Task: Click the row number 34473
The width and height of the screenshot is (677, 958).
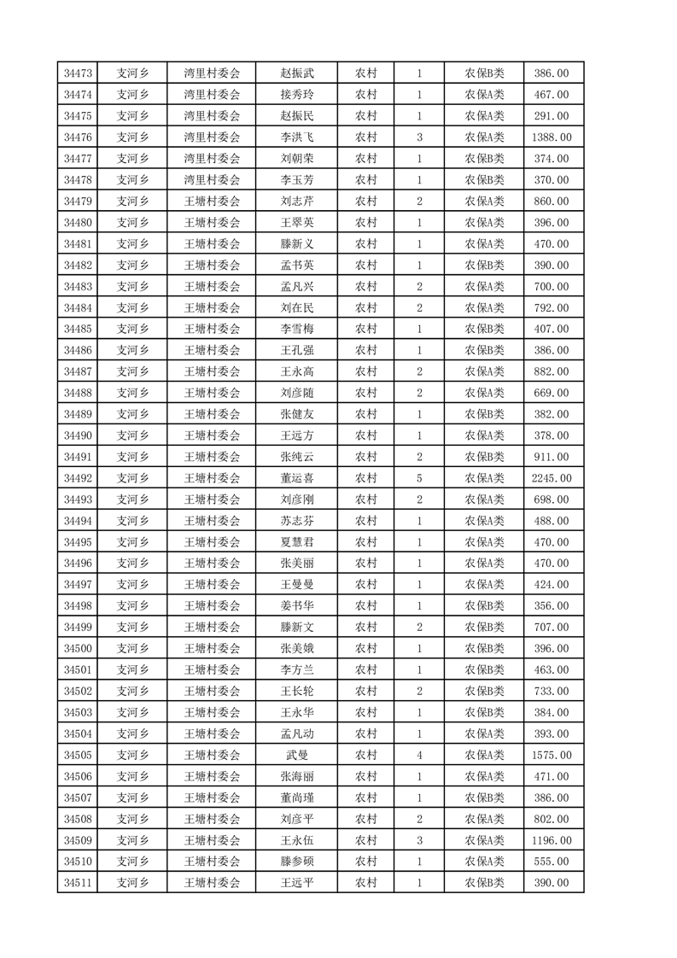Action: click(78, 73)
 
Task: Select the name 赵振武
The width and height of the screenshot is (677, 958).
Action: click(297, 73)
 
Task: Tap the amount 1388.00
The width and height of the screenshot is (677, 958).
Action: click(551, 137)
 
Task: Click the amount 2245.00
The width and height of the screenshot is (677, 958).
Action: click(551, 478)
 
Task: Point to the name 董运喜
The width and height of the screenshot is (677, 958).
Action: click(297, 478)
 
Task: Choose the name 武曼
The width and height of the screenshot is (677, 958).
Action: click(297, 755)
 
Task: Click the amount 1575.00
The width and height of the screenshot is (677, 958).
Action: click(551, 755)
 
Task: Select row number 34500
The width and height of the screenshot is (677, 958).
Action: click(78, 649)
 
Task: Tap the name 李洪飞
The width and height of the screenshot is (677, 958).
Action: click(297, 137)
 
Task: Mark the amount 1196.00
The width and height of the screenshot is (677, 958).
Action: click(551, 840)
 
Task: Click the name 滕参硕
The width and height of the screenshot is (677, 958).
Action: click(297, 862)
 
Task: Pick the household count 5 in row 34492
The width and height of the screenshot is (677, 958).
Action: click(419, 478)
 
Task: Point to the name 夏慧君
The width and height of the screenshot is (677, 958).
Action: click(297, 542)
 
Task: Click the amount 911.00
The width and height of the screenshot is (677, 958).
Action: click(551, 457)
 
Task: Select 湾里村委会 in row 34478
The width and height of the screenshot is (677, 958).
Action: click(213, 180)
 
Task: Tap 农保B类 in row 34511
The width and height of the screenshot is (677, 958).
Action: click(484, 883)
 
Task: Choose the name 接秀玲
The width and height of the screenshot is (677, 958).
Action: click(297, 95)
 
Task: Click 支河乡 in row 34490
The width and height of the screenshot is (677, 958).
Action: click(132, 435)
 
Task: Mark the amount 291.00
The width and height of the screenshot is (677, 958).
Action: click(551, 116)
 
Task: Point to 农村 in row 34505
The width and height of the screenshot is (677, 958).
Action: click(366, 755)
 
